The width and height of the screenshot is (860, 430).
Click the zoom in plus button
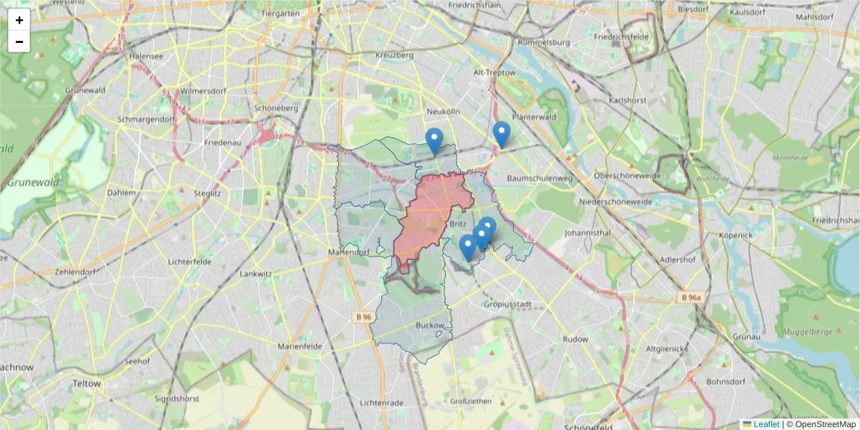[19, 20]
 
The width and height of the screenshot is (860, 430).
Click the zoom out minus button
[19, 42]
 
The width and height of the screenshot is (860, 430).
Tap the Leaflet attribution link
[766, 424]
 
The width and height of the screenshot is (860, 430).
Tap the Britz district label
[459, 224]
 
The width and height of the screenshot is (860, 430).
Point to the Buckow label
[430, 325]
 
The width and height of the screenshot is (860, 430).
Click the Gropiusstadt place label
[507, 304]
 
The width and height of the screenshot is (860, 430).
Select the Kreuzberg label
[394, 55]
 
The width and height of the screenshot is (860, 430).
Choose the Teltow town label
[87, 384]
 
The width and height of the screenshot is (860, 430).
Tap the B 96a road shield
[692, 297]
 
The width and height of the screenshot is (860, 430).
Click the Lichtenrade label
[382, 403]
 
